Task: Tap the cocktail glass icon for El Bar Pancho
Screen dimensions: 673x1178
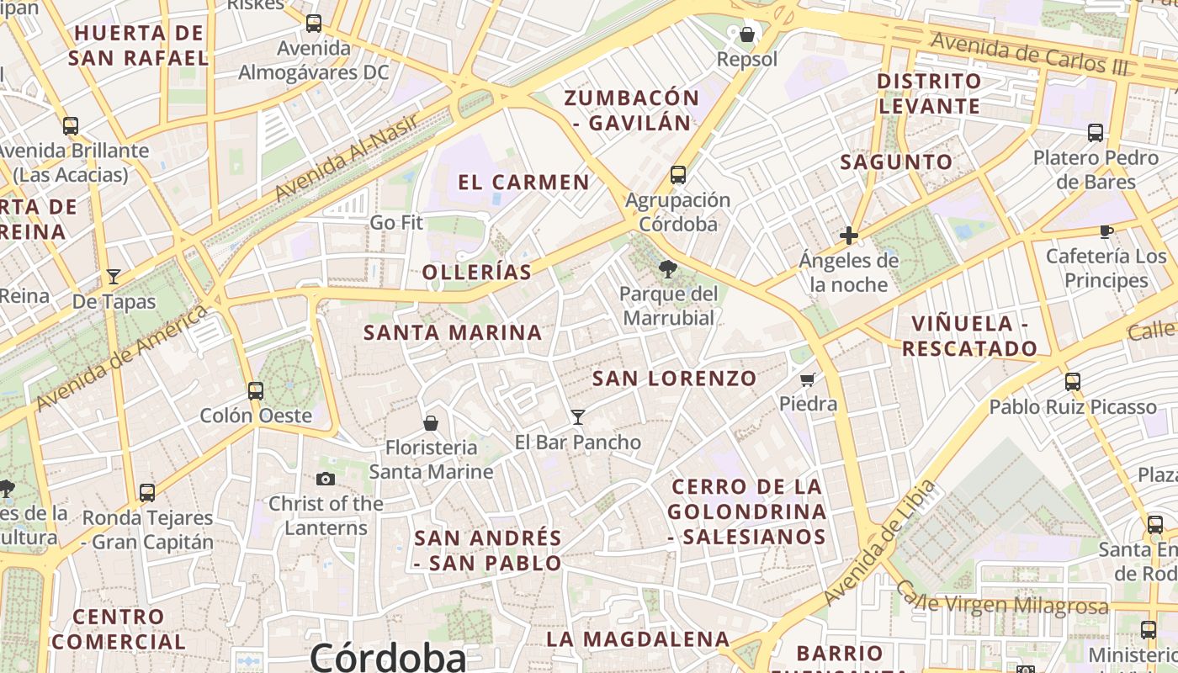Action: pyautogui.click(x=578, y=416)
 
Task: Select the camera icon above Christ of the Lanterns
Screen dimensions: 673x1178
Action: pyautogui.click(x=326, y=480)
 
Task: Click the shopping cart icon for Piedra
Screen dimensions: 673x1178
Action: pyautogui.click(x=808, y=379)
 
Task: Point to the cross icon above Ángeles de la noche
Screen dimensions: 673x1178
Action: pyautogui.click(x=849, y=236)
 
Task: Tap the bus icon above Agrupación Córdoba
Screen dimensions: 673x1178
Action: pyautogui.click(x=678, y=175)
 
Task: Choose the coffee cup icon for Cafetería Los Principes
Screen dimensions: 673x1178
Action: pyautogui.click(x=1106, y=231)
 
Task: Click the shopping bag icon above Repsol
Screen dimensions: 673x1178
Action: pyautogui.click(x=746, y=34)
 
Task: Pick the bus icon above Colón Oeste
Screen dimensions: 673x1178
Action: pyautogui.click(x=256, y=390)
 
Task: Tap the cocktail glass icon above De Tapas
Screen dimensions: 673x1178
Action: pyautogui.click(x=114, y=276)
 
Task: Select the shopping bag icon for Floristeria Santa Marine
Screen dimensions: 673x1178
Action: pyautogui.click(x=431, y=422)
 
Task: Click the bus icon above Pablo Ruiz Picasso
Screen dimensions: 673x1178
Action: pyautogui.click(x=1072, y=381)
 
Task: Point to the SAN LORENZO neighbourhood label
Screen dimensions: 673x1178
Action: pyautogui.click(x=675, y=379)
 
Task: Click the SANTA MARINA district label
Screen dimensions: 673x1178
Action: pyautogui.click(x=453, y=332)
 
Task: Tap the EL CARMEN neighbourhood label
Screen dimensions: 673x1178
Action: pyautogui.click(x=523, y=183)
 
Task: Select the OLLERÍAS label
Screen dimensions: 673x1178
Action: pyautogui.click(x=477, y=272)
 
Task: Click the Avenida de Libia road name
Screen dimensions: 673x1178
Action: pyautogui.click(x=880, y=543)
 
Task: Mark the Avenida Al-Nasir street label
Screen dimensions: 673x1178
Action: pyautogui.click(x=347, y=157)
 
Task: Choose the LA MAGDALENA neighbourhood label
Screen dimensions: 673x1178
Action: pyautogui.click(x=638, y=639)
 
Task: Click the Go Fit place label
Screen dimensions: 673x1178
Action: pyautogui.click(x=396, y=223)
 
